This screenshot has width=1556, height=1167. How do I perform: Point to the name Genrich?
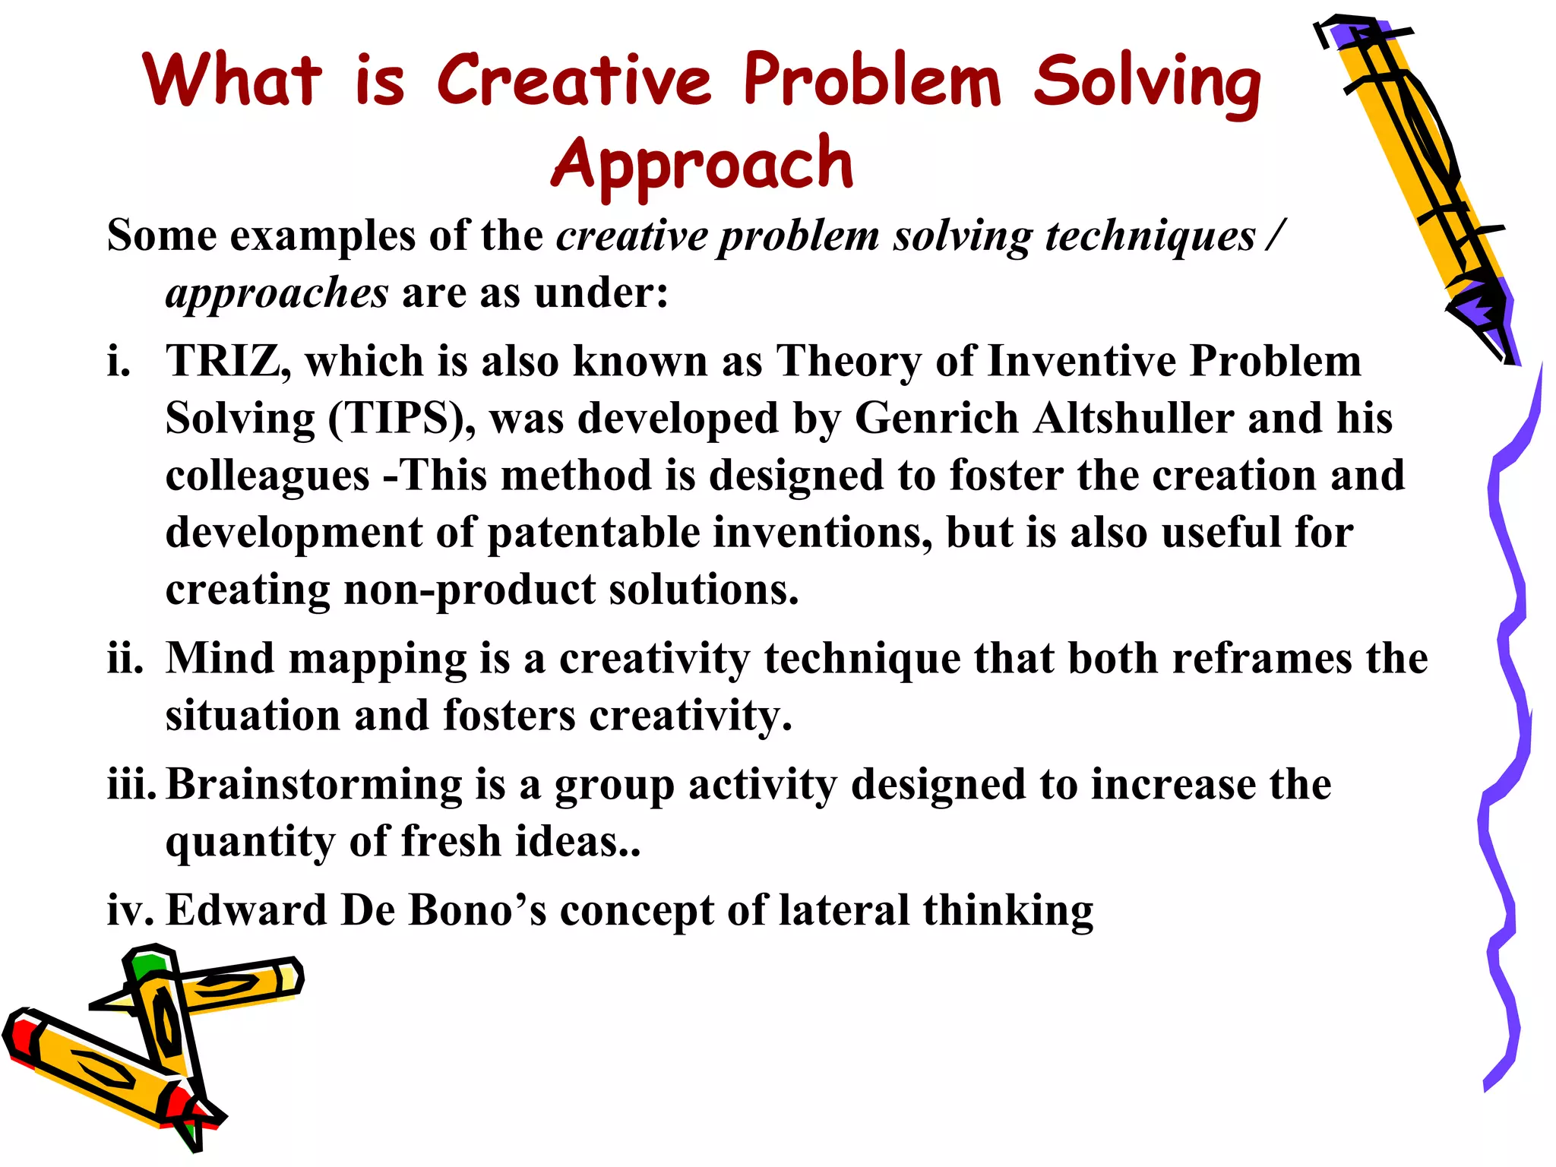pos(936,419)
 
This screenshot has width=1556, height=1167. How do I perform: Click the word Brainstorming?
pos(313,785)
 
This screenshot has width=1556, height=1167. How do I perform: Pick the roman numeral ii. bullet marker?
pos(125,658)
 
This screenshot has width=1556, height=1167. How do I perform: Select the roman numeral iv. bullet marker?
pos(129,910)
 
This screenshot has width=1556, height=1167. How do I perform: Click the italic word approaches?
pos(277,293)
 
